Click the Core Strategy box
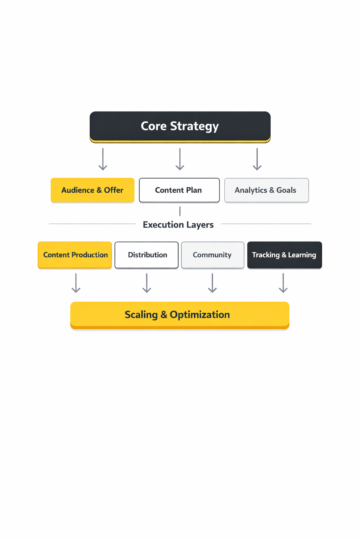[180, 127]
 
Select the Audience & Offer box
[92, 190]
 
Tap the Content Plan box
[179, 190]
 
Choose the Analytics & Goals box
[266, 190]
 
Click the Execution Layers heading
[178, 225]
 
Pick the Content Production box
[75, 255]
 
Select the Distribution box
[147, 255]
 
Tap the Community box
[213, 255]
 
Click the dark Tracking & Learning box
[284, 255]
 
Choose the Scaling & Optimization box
[180, 315]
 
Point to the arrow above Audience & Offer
[103, 159]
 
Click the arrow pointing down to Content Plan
[180, 159]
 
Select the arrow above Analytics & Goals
[257, 159]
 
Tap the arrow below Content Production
[76, 283]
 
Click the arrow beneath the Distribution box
[147, 283]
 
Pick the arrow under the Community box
[212, 283]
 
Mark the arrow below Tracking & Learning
[283, 283]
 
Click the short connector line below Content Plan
[180, 211]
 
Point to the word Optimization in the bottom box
[200, 315]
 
